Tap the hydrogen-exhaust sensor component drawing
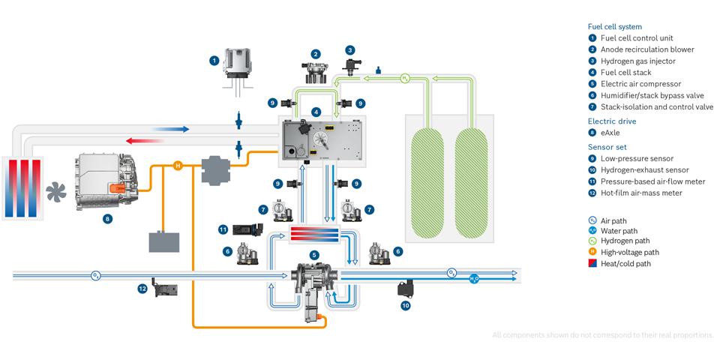click(x=408, y=287)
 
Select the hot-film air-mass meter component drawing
click(x=164, y=286)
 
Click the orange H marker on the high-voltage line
click(x=178, y=165)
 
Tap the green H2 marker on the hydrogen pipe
click(x=404, y=77)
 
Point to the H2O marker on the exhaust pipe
click(x=473, y=278)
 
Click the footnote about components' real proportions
click(x=603, y=334)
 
